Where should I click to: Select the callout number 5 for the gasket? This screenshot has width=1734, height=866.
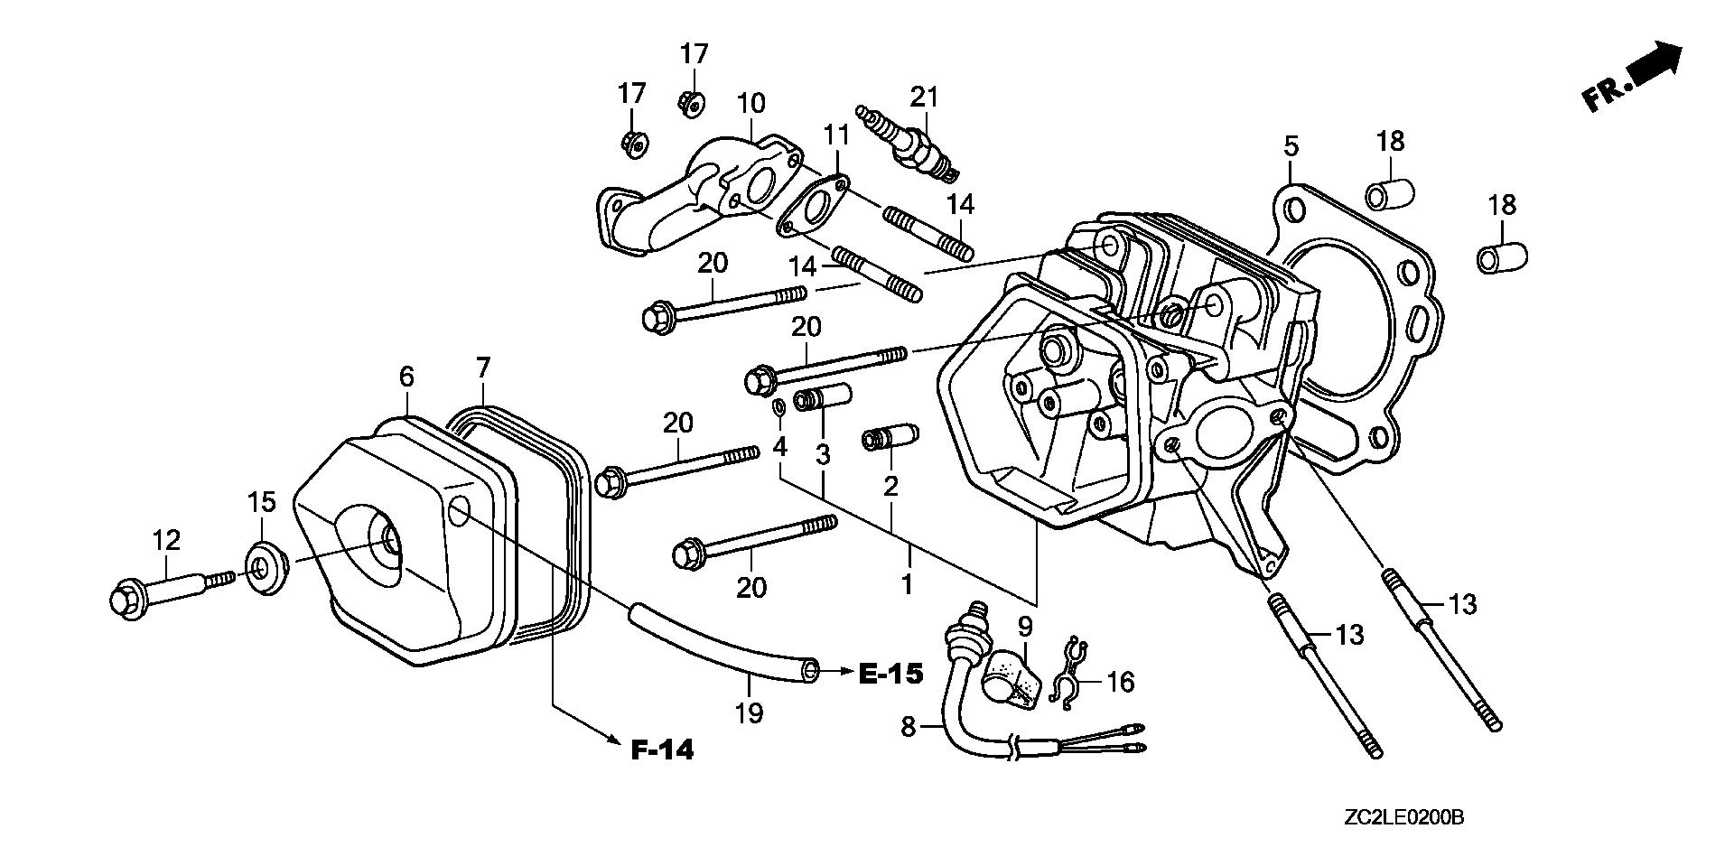[1291, 145]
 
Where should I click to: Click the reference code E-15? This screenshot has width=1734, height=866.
[890, 673]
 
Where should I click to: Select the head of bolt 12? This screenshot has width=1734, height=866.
[124, 599]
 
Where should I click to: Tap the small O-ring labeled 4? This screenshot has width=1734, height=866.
[778, 408]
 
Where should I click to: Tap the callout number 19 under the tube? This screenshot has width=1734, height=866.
[749, 713]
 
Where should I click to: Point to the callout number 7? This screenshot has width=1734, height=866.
[483, 368]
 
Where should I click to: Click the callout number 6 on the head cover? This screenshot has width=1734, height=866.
[406, 376]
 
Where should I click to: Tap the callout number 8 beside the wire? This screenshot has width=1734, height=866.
[908, 725]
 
